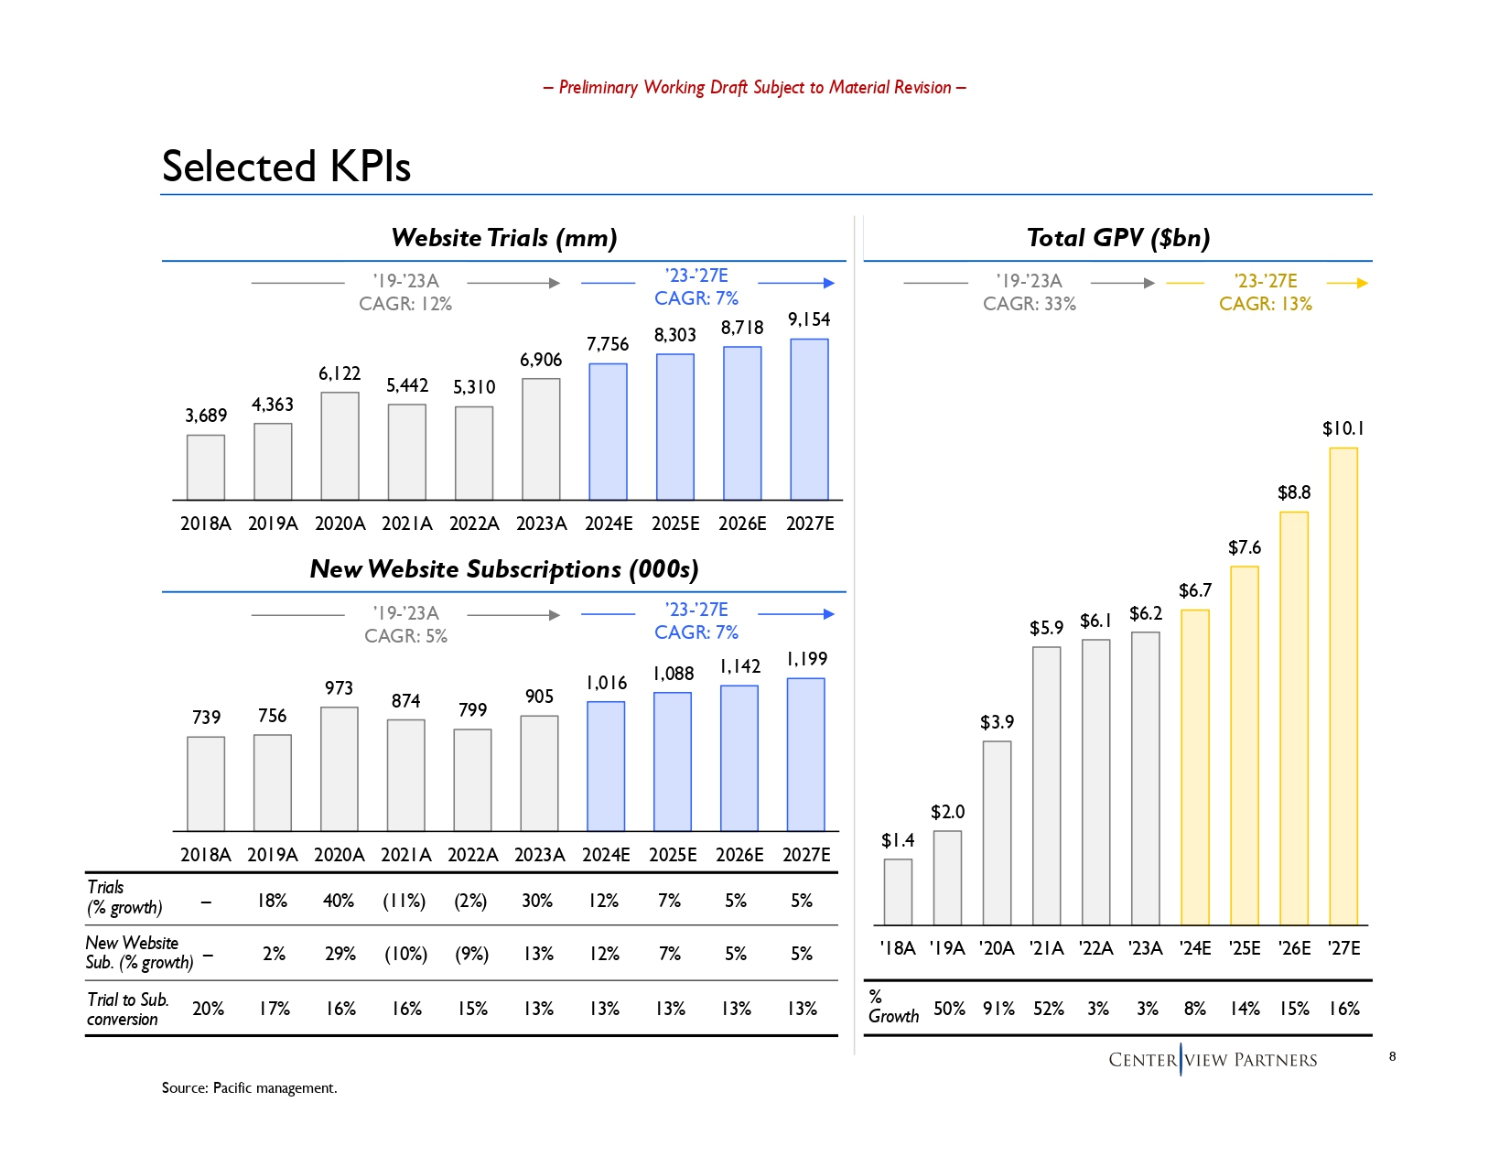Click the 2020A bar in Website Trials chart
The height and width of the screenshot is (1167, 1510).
(x=340, y=446)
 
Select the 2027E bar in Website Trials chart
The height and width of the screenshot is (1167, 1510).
(x=809, y=419)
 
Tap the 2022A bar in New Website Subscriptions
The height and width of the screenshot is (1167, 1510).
(x=472, y=780)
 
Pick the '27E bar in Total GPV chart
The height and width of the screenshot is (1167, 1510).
(x=1343, y=686)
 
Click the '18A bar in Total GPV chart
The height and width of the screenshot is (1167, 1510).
(x=898, y=891)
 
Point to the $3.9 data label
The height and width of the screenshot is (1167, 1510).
(x=997, y=722)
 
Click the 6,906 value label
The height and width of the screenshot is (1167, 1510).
(x=541, y=360)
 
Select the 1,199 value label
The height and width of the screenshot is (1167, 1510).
(x=806, y=659)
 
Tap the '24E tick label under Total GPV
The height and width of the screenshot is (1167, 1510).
(x=1194, y=948)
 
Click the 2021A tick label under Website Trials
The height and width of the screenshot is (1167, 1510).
(x=406, y=524)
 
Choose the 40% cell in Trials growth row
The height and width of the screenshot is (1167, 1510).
(x=339, y=901)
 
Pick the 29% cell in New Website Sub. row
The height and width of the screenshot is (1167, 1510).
(x=340, y=954)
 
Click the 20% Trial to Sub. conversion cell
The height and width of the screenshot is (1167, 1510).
(x=208, y=1009)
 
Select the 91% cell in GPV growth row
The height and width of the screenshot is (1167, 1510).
(x=998, y=1009)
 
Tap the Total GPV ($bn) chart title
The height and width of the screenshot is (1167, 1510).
(x=1118, y=238)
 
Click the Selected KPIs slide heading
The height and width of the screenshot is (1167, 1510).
(x=286, y=167)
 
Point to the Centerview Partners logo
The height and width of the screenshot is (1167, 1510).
(x=1213, y=1060)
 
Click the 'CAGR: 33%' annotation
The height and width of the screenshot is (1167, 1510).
(x=1029, y=304)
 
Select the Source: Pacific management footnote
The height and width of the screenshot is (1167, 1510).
(x=250, y=1087)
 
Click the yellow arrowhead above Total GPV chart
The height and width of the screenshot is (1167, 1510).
(x=1363, y=283)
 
